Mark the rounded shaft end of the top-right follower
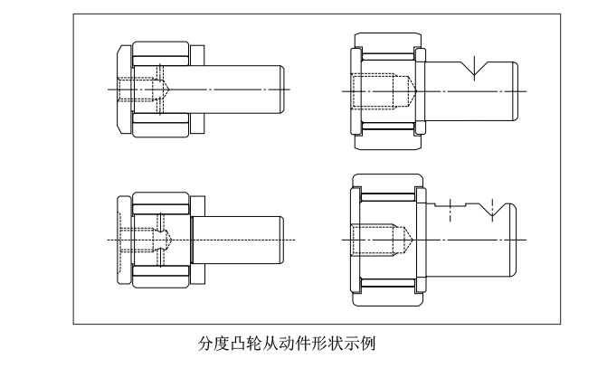(x=516, y=91)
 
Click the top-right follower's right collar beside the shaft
(x=421, y=91)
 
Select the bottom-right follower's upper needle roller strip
(x=385, y=195)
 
